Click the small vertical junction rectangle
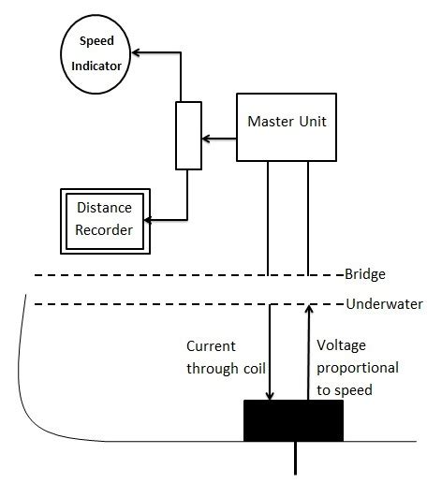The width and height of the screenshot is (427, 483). [188, 136]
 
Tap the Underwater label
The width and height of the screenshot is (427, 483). [385, 304]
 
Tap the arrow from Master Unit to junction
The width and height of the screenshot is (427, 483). [219, 139]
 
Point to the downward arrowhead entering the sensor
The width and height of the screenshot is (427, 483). [270, 394]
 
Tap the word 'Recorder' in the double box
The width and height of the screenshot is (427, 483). [104, 229]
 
